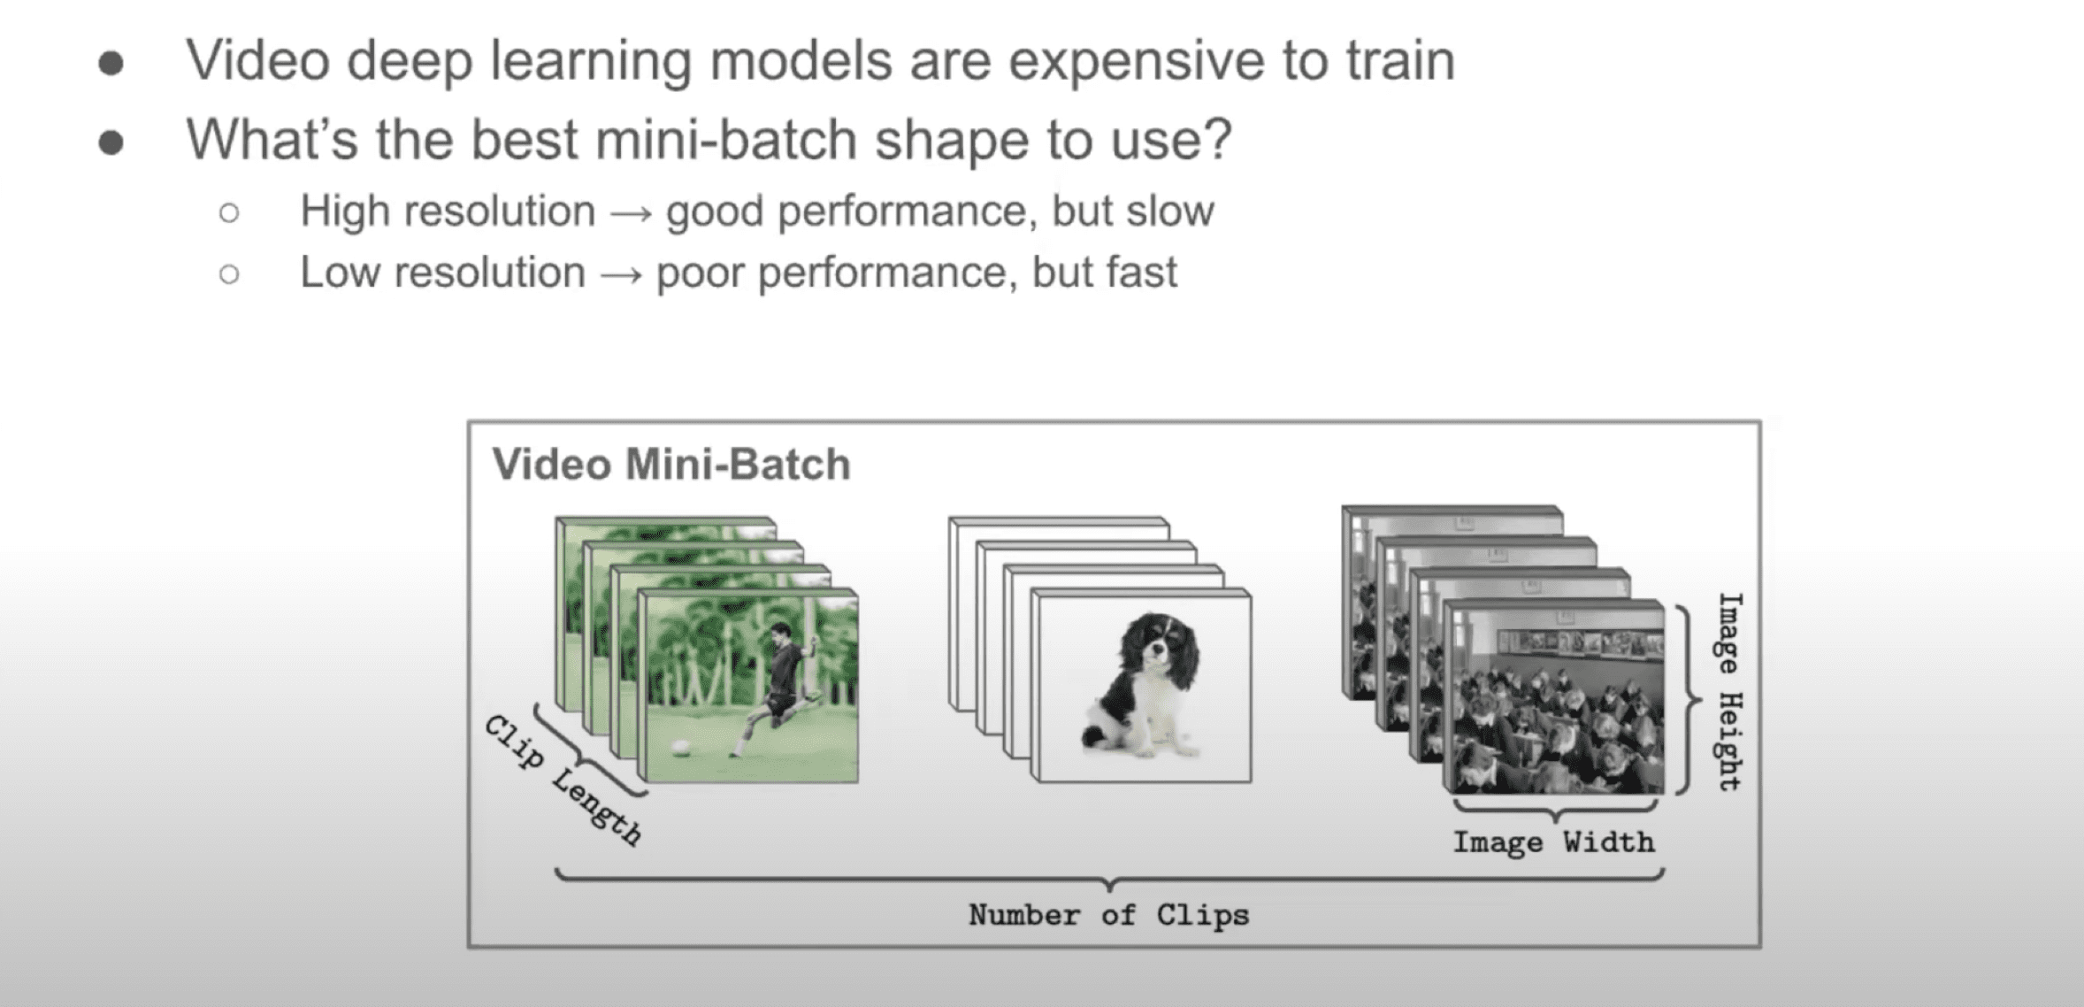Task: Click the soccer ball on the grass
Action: (x=680, y=748)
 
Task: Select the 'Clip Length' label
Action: (x=563, y=780)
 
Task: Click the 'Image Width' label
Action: (x=1553, y=842)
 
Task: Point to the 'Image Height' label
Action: (x=1729, y=691)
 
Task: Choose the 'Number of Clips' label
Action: (x=1108, y=915)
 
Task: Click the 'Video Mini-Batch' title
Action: (x=671, y=465)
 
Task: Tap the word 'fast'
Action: (x=1142, y=272)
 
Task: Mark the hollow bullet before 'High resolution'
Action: (x=229, y=213)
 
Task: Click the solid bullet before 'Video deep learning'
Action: (x=111, y=64)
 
